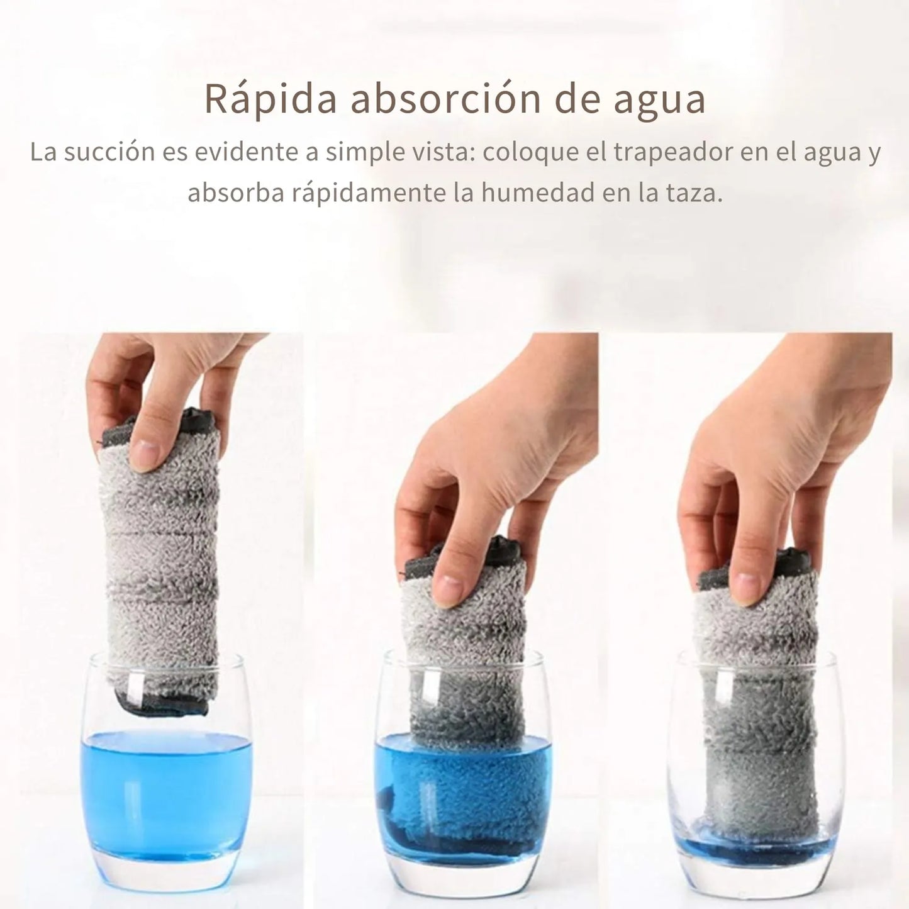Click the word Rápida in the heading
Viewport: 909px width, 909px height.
270,99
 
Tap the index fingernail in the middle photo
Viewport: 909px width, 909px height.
447,590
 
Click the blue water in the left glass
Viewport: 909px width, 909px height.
167,793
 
